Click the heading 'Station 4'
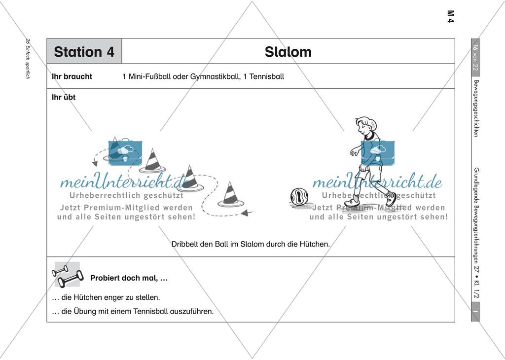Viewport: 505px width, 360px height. tap(84, 52)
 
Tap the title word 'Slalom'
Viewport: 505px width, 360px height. tap(288, 52)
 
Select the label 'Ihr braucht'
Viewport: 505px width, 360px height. tap(72, 77)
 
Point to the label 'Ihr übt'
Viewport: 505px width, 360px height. tap(64, 97)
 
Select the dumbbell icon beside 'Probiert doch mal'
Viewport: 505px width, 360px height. tap(67, 275)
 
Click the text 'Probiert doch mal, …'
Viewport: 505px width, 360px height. tap(129, 278)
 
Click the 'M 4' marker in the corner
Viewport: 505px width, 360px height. tap(450, 16)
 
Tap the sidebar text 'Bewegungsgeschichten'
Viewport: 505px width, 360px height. tap(475, 108)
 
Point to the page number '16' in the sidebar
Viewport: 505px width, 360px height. tap(475, 48)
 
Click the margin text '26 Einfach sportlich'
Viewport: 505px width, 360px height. tap(28, 60)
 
